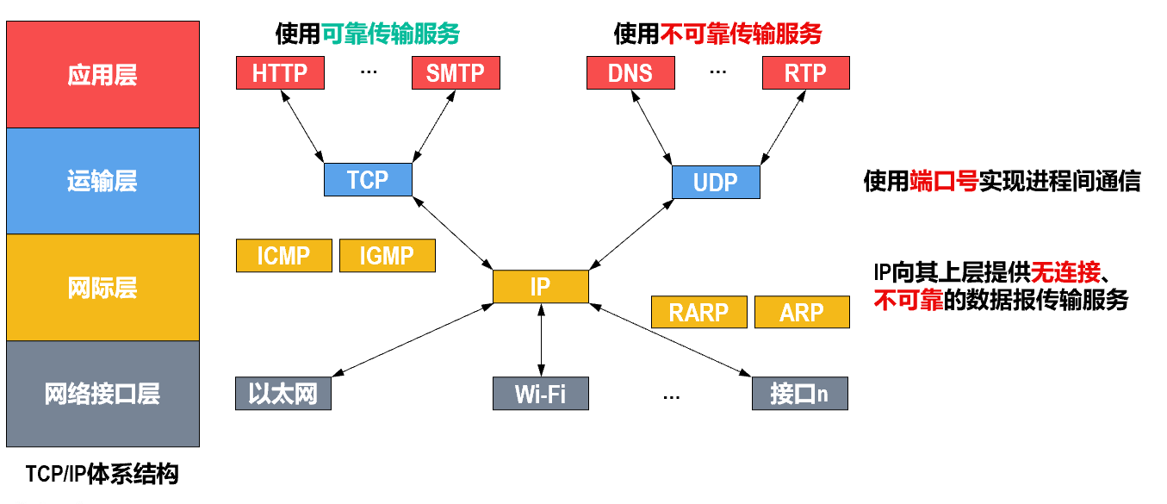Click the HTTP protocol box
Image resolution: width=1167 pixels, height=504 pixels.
click(280, 73)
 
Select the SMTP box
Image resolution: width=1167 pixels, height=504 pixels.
click(456, 73)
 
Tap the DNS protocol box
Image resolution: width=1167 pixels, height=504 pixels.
click(630, 73)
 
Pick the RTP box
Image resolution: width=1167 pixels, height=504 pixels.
click(805, 73)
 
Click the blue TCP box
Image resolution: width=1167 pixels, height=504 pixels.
click(368, 179)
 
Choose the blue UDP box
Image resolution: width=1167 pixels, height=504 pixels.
click(716, 182)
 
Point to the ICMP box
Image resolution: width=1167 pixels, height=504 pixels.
click(283, 256)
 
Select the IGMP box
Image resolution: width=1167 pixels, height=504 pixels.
click(387, 256)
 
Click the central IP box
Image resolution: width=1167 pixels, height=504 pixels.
click(540, 286)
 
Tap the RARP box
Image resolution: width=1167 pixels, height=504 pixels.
click(698, 312)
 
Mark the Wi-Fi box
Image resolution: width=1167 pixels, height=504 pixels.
click(541, 394)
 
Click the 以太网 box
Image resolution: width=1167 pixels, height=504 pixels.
click(282, 394)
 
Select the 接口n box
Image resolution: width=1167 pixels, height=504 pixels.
click(799, 394)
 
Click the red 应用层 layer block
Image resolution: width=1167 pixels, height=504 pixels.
click(102, 75)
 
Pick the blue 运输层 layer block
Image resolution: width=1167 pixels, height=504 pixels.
click(102, 181)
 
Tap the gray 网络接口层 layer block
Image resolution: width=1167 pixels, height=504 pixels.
click(102, 394)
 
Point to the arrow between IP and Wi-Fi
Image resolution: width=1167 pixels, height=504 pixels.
click(541, 340)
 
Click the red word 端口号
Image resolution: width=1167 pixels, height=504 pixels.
click(944, 181)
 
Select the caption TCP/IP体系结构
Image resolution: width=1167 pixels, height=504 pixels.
click(102, 474)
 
